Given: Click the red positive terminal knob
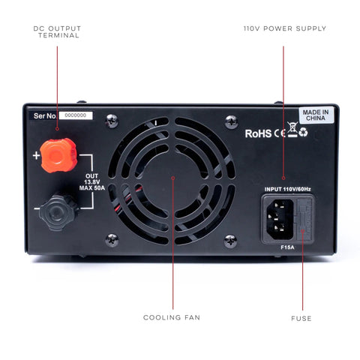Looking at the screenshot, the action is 58,155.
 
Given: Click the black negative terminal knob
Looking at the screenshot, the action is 58,213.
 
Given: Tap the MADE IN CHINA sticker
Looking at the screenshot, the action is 316,115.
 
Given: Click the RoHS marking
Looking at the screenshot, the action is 258,133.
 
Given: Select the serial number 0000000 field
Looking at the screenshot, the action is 76,115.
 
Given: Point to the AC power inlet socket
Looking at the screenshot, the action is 280,219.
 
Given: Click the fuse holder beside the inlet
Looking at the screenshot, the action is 304,219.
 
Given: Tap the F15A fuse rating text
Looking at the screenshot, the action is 287,247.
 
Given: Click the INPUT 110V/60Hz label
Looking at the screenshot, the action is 287,189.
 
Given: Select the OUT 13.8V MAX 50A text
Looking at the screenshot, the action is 92,182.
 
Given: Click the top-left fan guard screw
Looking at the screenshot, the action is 112,121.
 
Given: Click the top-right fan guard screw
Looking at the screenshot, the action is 231,121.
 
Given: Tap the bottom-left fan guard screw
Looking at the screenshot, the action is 112,240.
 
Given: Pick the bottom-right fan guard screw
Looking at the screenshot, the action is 230,241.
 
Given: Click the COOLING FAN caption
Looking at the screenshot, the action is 172,317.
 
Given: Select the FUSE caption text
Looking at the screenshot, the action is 301,319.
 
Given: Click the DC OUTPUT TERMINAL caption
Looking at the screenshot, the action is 57,31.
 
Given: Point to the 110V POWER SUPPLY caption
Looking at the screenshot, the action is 285,28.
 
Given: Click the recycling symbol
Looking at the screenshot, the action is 304,133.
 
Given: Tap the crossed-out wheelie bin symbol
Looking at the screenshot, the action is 292,130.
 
